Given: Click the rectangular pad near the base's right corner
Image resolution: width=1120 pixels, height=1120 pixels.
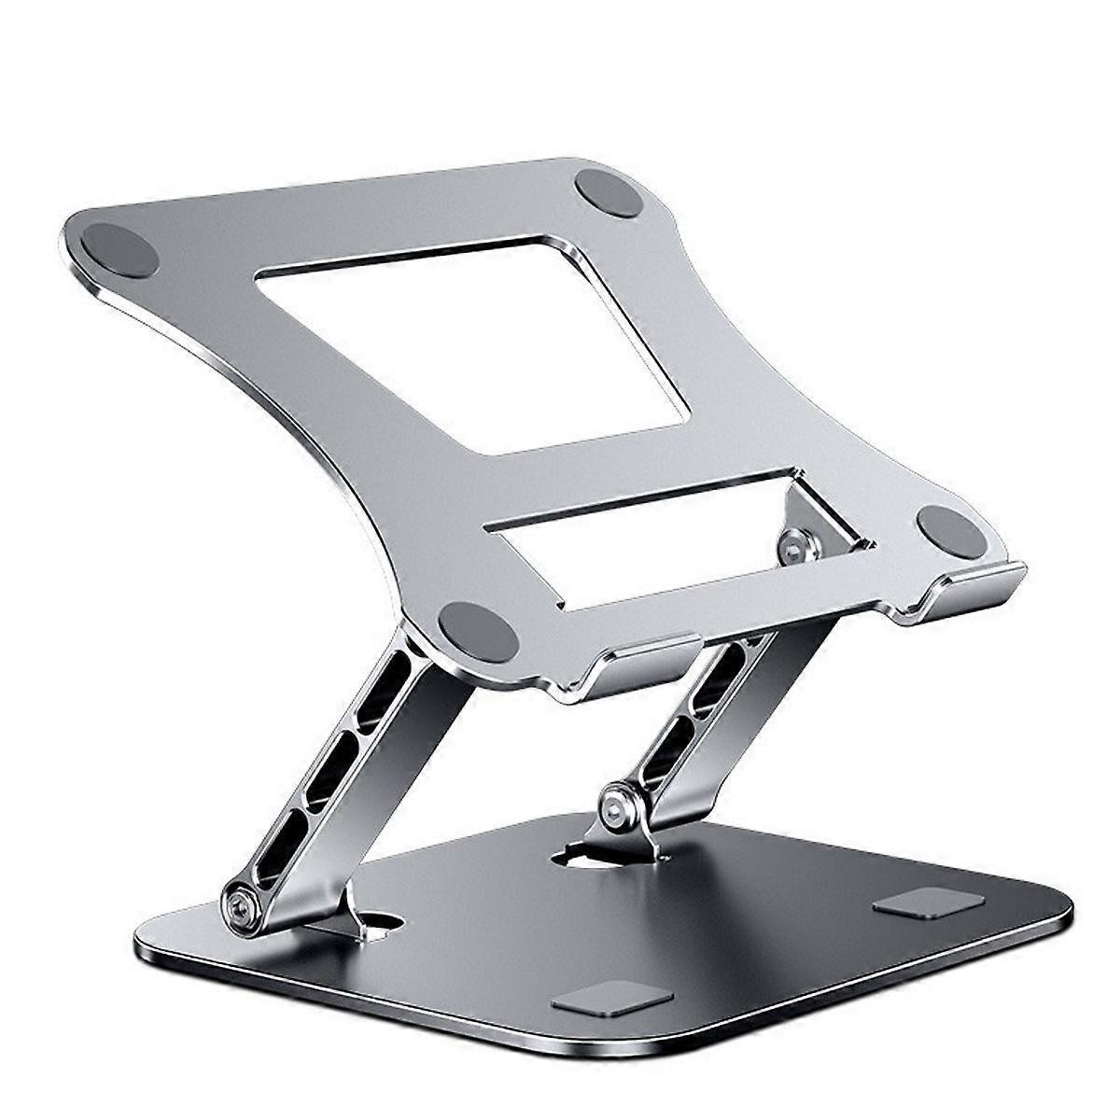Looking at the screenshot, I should coord(929,903).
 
